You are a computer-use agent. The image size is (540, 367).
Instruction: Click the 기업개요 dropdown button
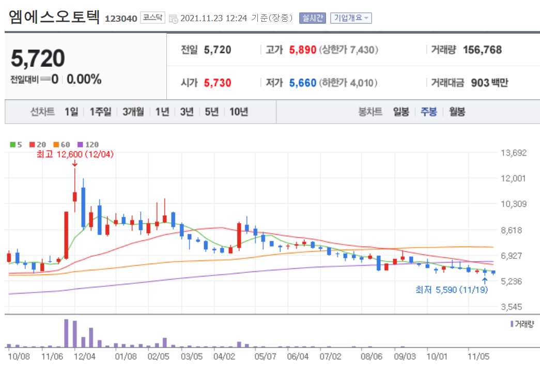click(x=350, y=18)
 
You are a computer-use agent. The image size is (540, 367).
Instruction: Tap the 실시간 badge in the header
click(x=312, y=18)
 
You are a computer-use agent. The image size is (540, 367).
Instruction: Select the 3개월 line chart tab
click(x=133, y=112)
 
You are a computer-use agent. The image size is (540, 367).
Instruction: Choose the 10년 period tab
click(x=239, y=112)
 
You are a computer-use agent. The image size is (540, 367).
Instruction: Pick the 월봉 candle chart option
click(x=457, y=112)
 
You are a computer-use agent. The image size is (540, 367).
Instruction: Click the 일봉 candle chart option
click(x=401, y=112)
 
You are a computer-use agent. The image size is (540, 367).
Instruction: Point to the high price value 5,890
click(x=302, y=50)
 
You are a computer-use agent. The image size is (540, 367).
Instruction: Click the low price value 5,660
click(x=302, y=83)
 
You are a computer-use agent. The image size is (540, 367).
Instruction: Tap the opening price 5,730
click(x=218, y=83)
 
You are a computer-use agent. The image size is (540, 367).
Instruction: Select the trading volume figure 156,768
click(x=482, y=50)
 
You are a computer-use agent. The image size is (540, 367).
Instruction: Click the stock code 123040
click(x=121, y=19)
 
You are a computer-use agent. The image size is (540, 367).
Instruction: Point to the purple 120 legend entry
click(x=88, y=145)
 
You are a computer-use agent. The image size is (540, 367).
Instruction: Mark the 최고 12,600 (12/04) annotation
click(x=75, y=154)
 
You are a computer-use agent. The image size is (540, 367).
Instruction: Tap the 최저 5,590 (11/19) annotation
click(x=452, y=290)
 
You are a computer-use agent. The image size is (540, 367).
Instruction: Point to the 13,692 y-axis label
click(x=514, y=152)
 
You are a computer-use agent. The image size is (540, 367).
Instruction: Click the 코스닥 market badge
click(x=152, y=18)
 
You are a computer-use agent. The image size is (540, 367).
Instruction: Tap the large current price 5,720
click(x=38, y=58)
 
